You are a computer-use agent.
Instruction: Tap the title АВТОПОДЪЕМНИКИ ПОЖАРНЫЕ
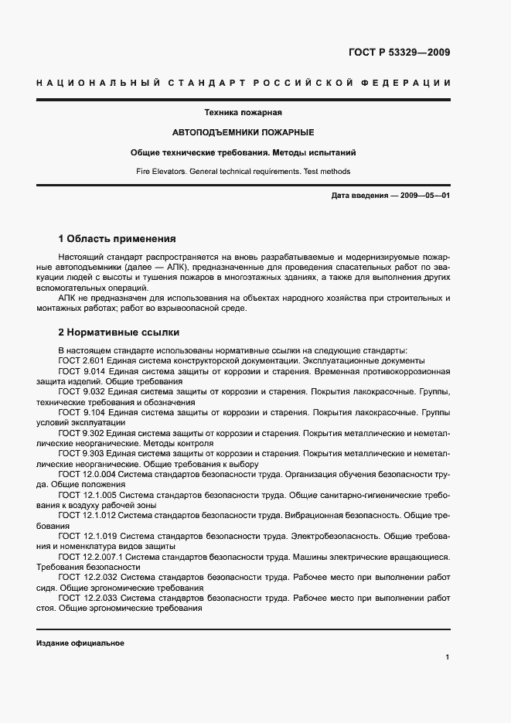tap(254, 133)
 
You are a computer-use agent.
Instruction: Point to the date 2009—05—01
tap(424, 196)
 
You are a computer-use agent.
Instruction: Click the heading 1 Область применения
tap(118, 239)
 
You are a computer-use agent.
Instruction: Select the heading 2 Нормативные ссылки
tap(119, 333)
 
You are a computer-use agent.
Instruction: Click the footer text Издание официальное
tap(80, 643)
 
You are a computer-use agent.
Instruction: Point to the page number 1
tap(448, 657)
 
